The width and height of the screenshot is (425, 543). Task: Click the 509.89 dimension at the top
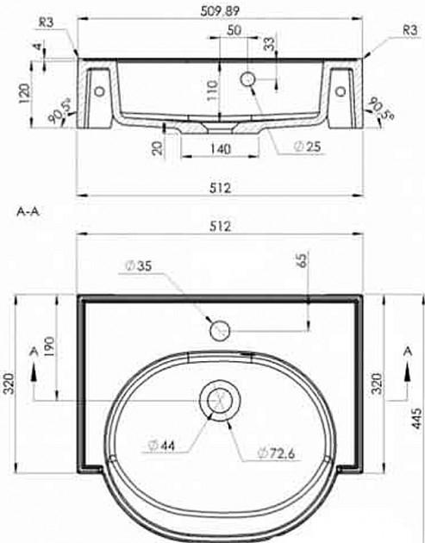pyautogui.click(x=220, y=11)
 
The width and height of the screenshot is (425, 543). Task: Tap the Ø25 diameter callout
pyautogui.click(x=307, y=147)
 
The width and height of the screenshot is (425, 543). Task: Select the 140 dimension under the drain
pyautogui.click(x=220, y=149)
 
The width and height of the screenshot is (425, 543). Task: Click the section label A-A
pyautogui.click(x=28, y=212)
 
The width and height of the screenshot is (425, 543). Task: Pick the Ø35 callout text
pyautogui.click(x=138, y=266)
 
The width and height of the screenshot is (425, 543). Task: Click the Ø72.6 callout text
pyautogui.click(x=276, y=452)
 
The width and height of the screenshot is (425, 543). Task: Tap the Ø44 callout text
pyautogui.click(x=161, y=446)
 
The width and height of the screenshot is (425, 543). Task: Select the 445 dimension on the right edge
pyautogui.click(x=417, y=419)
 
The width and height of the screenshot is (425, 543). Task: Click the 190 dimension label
pyautogui.click(x=49, y=347)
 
